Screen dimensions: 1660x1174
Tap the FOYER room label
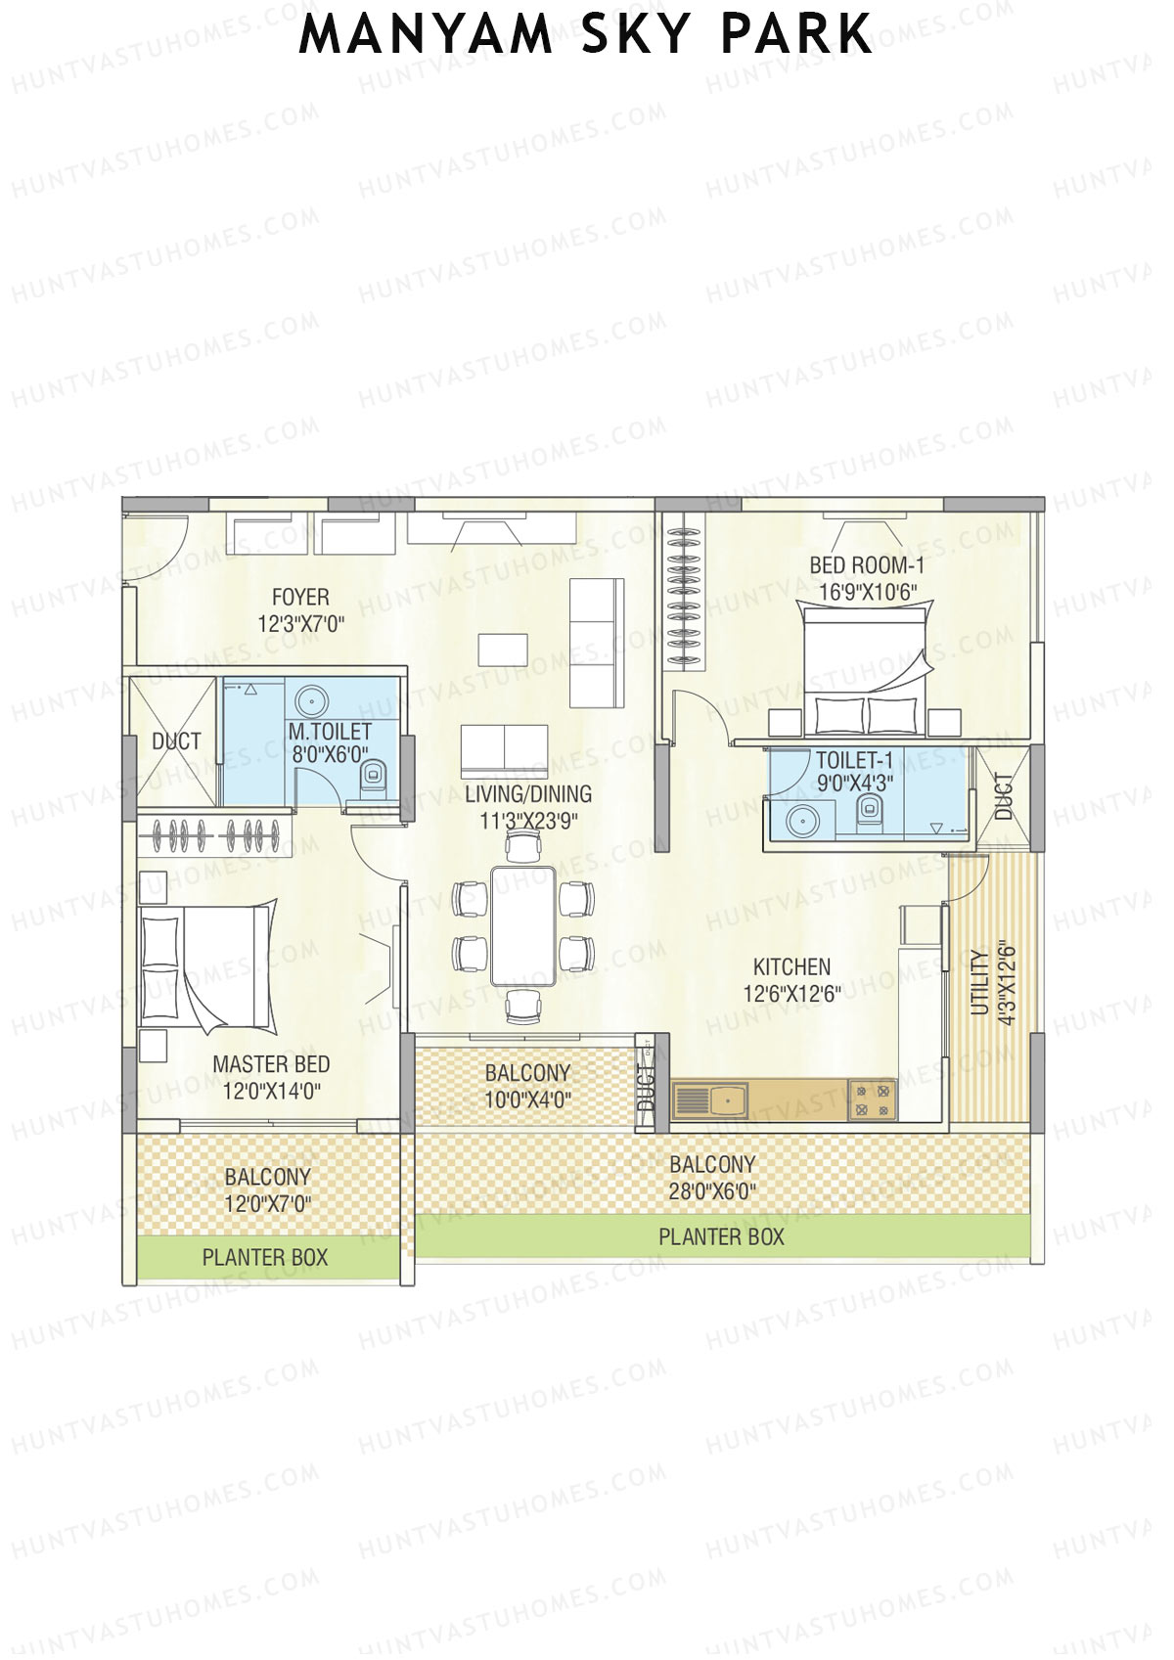[x=300, y=597]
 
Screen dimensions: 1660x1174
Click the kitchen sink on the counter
[x=726, y=1100]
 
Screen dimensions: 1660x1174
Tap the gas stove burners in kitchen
[x=872, y=1099]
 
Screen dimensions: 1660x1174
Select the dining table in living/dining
[x=523, y=924]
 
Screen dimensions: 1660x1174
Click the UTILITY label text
[x=978, y=982]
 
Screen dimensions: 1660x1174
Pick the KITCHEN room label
[x=791, y=966]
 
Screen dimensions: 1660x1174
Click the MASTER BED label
[x=271, y=1064]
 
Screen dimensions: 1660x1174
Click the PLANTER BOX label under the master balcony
[x=264, y=1257]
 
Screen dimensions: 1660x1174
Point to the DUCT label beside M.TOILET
[x=176, y=741]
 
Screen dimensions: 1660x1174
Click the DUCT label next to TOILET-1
[x=1003, y=796]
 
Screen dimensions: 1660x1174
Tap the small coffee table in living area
[x=503, y=650]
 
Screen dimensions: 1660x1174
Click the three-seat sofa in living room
[x=597, y=643]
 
